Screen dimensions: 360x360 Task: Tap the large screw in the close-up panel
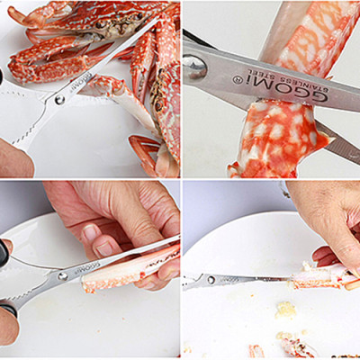(196, 67)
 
